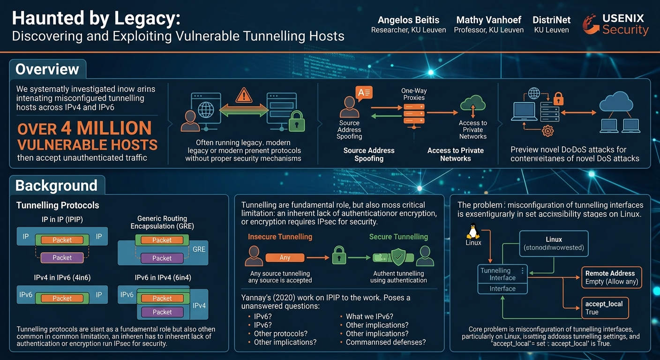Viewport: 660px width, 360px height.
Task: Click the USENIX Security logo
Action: tap(616, 24)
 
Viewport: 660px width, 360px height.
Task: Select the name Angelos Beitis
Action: tap(408, 20)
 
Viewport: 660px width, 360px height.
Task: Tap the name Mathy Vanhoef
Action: tap(488, 20)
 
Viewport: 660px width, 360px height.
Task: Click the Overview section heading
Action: tap(47, 69)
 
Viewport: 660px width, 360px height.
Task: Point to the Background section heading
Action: tap(56, 185)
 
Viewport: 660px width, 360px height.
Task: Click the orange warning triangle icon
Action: tap(244, 95)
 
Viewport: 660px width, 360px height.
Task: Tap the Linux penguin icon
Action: tap(473, 231)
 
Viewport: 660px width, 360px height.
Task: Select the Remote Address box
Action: tap(611, 277)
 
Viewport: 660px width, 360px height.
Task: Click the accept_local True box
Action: tap(605, 308)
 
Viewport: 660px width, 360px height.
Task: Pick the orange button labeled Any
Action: tap(285, 257)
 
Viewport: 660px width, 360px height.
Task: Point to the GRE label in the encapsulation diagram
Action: tap(199, 249)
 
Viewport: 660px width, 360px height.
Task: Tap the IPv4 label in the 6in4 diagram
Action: tap(199, 306)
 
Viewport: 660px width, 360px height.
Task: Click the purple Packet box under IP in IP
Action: tap(62, 258)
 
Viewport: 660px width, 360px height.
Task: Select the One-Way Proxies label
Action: tap(414, 94)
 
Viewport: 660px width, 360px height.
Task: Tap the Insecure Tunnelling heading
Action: tap(280, 237)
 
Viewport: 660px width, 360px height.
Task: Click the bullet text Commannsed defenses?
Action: tap(386, 342)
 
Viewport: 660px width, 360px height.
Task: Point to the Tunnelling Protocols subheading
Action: tap(58, 205)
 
